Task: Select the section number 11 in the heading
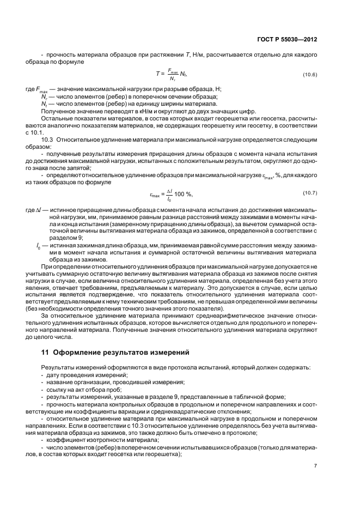point(45,352)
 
